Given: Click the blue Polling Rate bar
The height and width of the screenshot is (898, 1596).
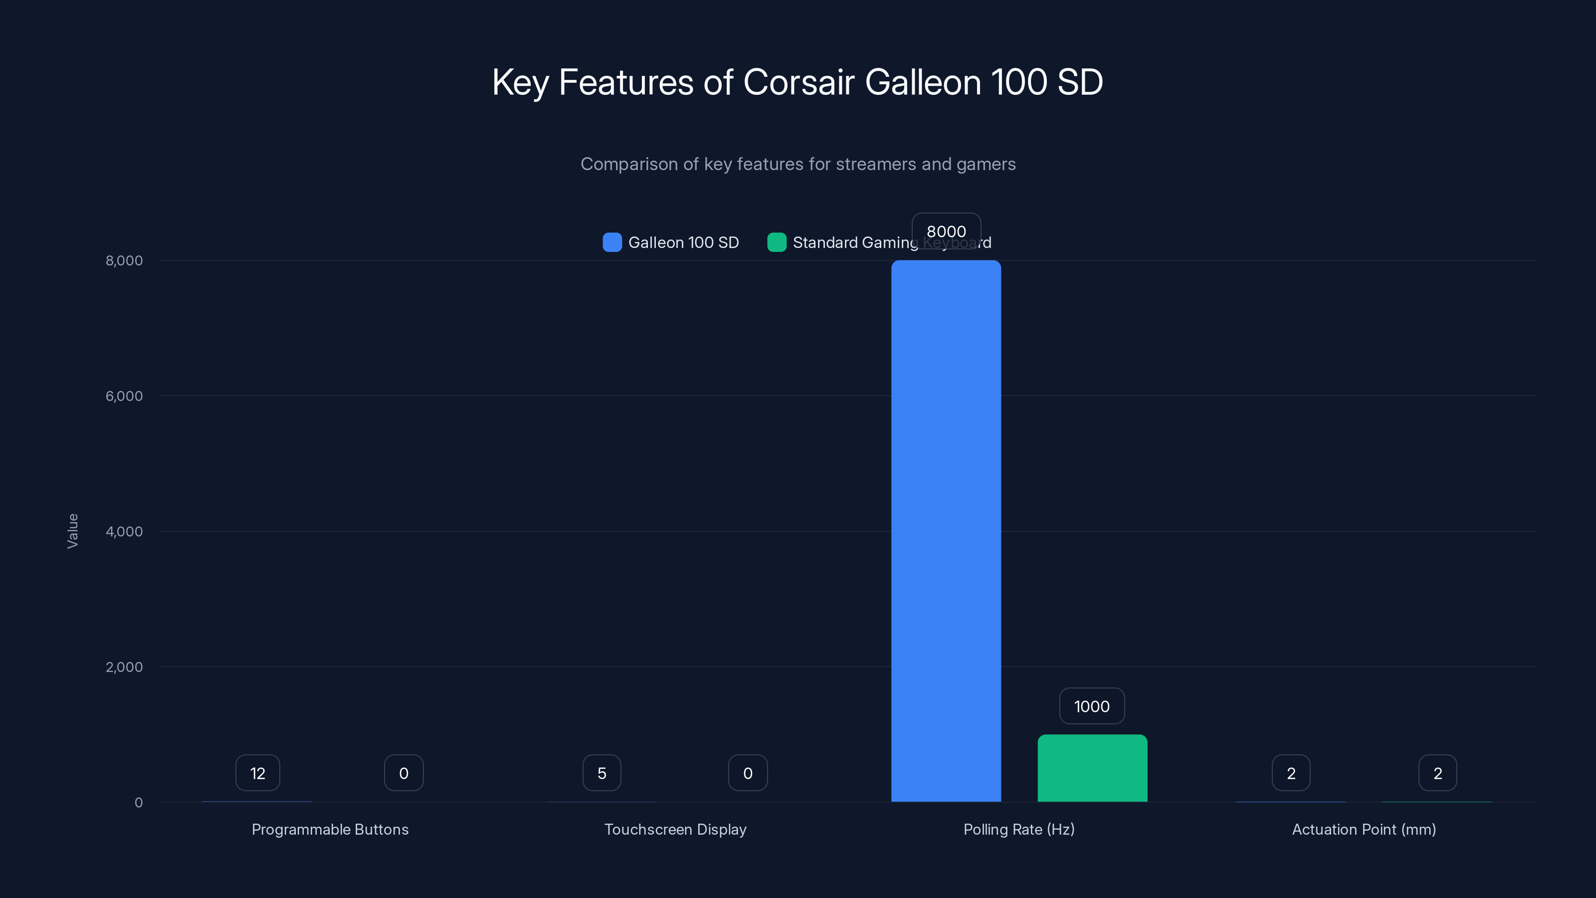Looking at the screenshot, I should pos(946,531).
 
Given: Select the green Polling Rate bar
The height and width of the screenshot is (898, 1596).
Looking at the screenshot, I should pos(1092,768).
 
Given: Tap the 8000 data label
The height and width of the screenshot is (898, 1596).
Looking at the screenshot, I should pos(946,231).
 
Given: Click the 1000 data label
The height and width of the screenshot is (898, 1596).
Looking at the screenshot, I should pos(1092,706).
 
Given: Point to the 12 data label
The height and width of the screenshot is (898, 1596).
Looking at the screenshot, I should pos(258,773).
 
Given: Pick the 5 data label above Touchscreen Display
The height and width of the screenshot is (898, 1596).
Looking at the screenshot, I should pos(601,773).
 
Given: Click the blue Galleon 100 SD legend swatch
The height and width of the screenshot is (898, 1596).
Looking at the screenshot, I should pos(612,242).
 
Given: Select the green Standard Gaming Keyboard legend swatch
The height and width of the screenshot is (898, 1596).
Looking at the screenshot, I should pos(777,242).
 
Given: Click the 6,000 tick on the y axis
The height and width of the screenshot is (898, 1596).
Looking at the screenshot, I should pos(124,396).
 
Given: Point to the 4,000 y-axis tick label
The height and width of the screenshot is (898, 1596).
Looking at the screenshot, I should pos(124,531).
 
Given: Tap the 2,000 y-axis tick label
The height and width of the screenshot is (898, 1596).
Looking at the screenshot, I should pos(124,667).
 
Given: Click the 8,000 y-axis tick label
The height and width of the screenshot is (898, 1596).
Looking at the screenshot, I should pos(124,260).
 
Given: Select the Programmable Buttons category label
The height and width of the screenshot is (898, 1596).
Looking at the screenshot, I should pos(330,829).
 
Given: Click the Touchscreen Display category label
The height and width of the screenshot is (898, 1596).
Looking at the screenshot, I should pos(675,829).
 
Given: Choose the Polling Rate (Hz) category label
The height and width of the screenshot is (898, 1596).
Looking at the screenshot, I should pos(1019,829).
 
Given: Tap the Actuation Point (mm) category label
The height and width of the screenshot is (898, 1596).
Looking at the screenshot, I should pos(1364,829).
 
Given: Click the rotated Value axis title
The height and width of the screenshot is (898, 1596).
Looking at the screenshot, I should pos(72,531).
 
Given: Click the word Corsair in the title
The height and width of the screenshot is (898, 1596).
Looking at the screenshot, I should pos(798,82).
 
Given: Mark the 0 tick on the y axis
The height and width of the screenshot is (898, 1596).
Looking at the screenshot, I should pos(139,803).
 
